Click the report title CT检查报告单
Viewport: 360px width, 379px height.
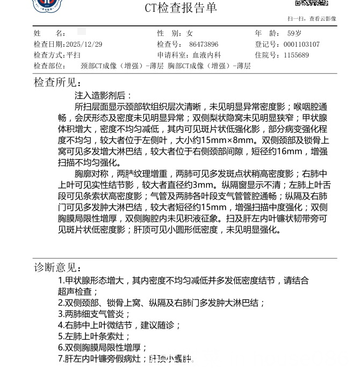click(x=181, y=8)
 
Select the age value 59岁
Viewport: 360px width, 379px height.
click(x=294, y=33)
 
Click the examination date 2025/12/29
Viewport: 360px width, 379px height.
click(x=83, y=45)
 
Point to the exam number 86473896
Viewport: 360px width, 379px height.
click(x=204, y=45)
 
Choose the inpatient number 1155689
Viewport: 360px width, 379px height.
click(x=296, y=55)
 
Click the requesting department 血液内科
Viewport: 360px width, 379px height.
click(x=207, y=55)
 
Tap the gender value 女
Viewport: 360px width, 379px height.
click(x=190, y=33)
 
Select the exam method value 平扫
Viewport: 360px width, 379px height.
click(x=74, y=55)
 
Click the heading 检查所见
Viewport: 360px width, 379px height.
click(x=57, y=83)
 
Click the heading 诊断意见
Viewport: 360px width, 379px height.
click(x=57, y=268)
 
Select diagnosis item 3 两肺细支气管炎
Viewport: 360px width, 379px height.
click(x=94, y=314)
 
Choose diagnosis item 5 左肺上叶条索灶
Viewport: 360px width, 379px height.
click(x=94, y=337)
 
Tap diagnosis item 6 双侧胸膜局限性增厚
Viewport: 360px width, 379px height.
click(x=102, y=348)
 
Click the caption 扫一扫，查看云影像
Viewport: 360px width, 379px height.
click(x=315, y=19)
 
